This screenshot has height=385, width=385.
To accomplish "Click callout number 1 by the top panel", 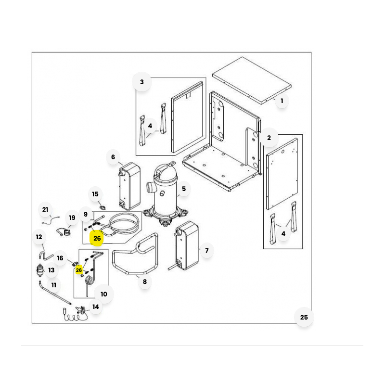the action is coord(282,101).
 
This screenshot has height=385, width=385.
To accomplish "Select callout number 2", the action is coord(269,138).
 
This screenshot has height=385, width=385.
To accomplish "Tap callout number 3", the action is coord(142,82).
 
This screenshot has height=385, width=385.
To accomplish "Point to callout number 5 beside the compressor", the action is coord(184,189).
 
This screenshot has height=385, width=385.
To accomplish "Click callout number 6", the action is coord(113,157).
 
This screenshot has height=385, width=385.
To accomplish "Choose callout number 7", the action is coord(207,250).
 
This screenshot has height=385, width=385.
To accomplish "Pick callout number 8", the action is coord(145,282).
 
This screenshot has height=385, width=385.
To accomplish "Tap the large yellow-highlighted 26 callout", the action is coord(97,238).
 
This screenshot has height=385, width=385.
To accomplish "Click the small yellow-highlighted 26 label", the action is coord(79,270).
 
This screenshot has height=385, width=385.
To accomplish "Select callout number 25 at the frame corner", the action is coord(304,317).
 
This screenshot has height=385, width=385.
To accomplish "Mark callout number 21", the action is coord(45,210).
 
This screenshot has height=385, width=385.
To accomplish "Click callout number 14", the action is coord(95,307).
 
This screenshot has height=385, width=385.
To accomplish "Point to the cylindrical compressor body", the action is coord(164,192).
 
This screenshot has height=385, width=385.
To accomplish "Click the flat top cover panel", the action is coord(252,80).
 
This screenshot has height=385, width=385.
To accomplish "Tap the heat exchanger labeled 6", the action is coord(129,186).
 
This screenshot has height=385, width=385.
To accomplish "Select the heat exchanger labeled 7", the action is coord(187,245).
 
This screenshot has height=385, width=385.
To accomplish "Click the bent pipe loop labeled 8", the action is coord(135,254).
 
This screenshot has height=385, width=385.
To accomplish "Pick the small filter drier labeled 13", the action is coord(40,270).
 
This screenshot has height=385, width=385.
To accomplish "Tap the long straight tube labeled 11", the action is coord(55,293).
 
